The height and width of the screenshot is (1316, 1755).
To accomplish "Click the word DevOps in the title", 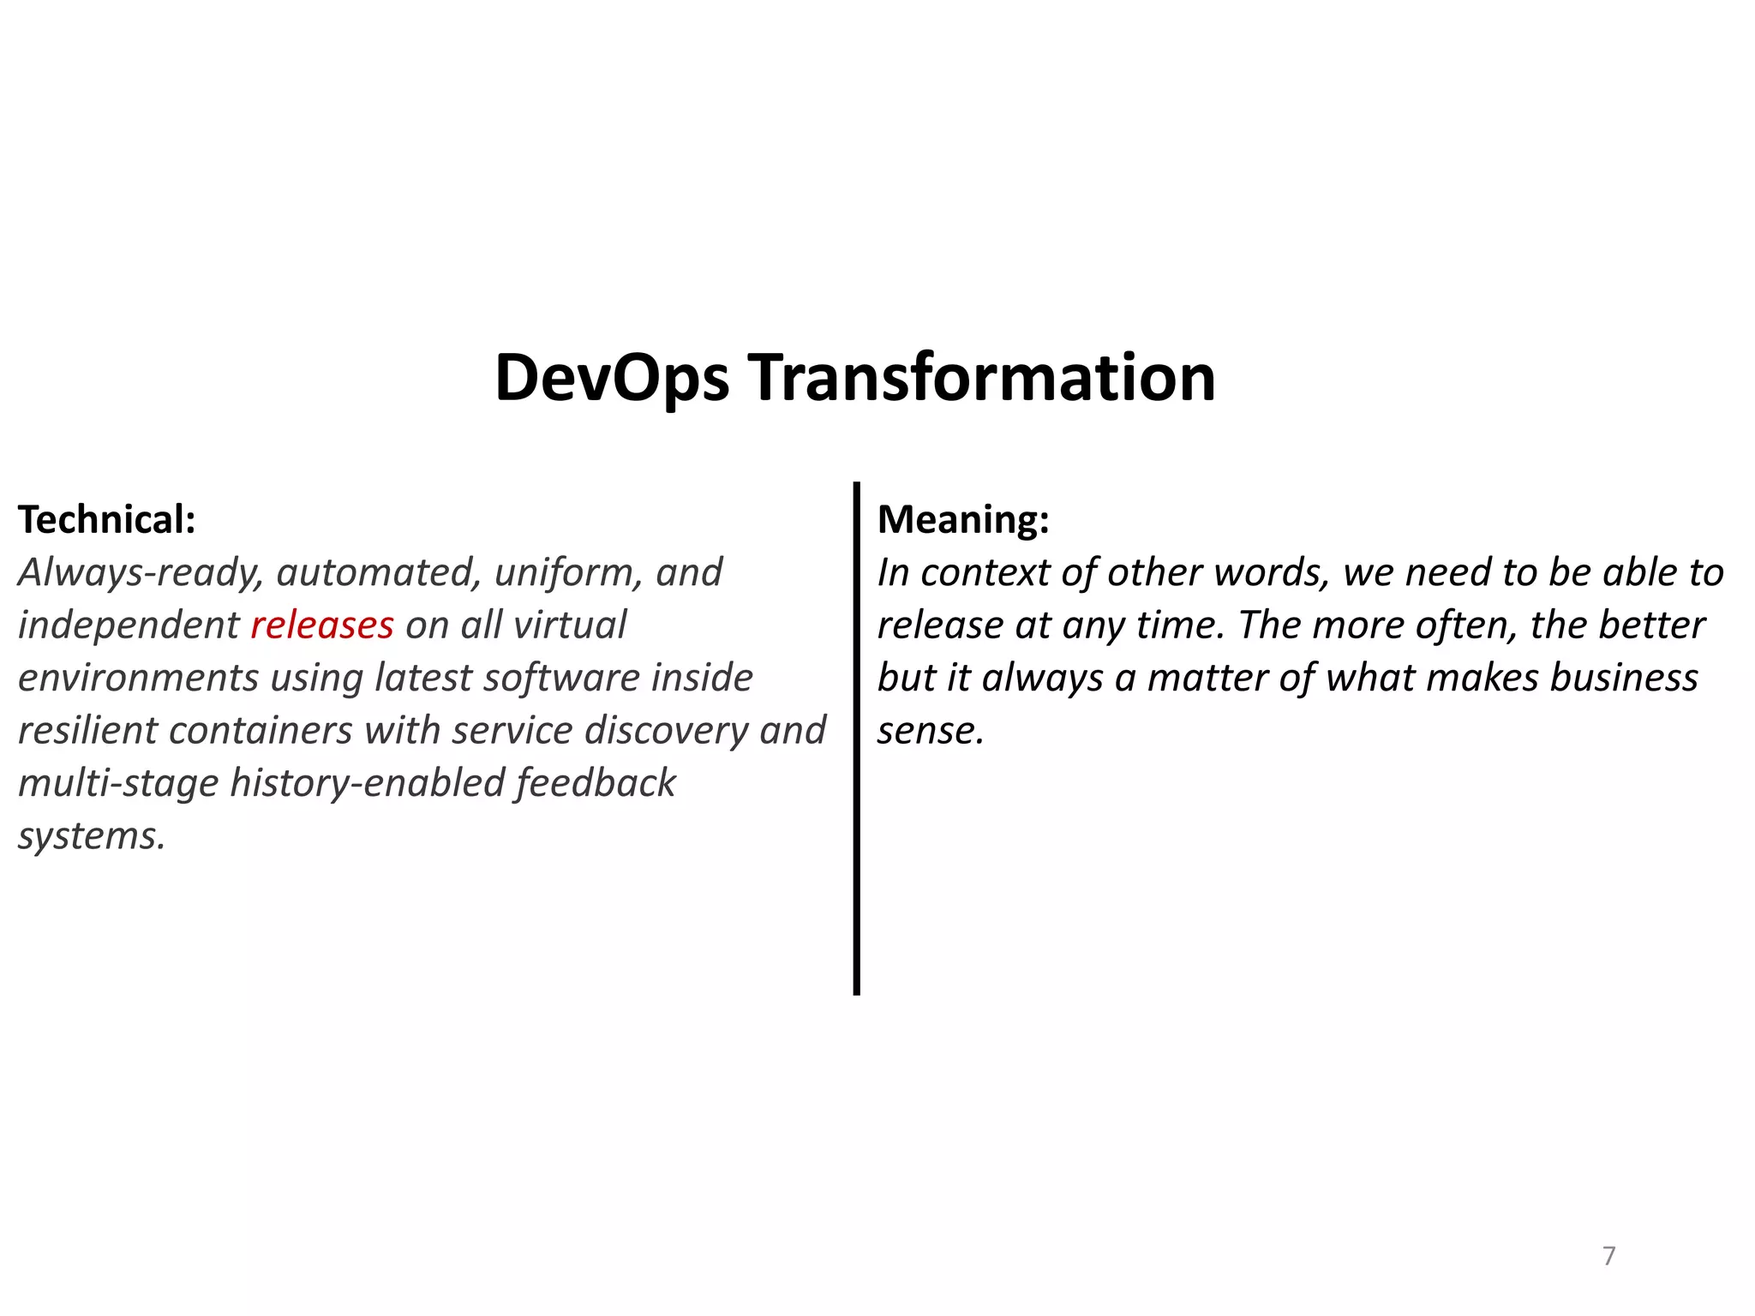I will [x=612, y=378].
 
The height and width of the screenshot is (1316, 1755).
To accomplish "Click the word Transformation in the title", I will [x=982, y=378].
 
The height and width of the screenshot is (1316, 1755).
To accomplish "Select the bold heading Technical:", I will [x=107, y=520].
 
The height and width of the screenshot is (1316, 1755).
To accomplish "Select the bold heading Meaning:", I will [x=963, y=520].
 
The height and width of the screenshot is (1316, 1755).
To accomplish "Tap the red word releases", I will [x=322, y=625].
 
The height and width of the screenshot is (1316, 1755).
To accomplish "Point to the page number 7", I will [x=1608, y=1256].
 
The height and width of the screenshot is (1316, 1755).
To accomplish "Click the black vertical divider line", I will [x=856, y=737].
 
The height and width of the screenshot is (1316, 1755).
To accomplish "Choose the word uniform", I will [x=567, y=573].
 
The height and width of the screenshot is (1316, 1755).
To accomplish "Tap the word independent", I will [x=129, y=625].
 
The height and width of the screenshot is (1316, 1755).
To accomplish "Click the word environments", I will [x=138, y=679].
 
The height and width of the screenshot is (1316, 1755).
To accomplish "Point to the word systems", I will [x=90, y=836].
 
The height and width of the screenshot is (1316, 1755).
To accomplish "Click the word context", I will [x=985, y=573].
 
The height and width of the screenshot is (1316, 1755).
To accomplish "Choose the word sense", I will [x=930, y=731].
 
